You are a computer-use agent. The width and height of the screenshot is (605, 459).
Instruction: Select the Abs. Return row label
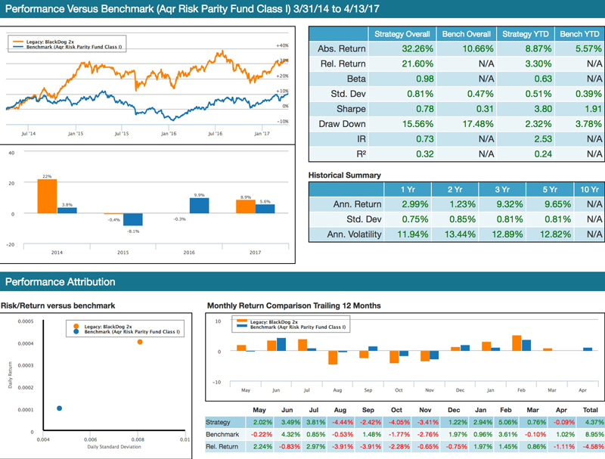(x=342, y=49)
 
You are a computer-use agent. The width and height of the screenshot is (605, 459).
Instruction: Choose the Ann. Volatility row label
(x=344, y=234)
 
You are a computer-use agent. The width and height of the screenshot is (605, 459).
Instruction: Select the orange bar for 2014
(x=47, y=196)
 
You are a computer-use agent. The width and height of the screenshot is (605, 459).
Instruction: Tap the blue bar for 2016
(x=199, y=206)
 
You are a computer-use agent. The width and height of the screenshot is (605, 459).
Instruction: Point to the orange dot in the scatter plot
(x=140, y=342)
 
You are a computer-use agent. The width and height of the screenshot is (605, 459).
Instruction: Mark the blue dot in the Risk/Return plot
(x=60, y=408)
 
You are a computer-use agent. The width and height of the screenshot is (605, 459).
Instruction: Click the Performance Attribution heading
(x=60, y=282)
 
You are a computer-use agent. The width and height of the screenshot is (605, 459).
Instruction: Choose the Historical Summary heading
(x=345, y=175)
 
